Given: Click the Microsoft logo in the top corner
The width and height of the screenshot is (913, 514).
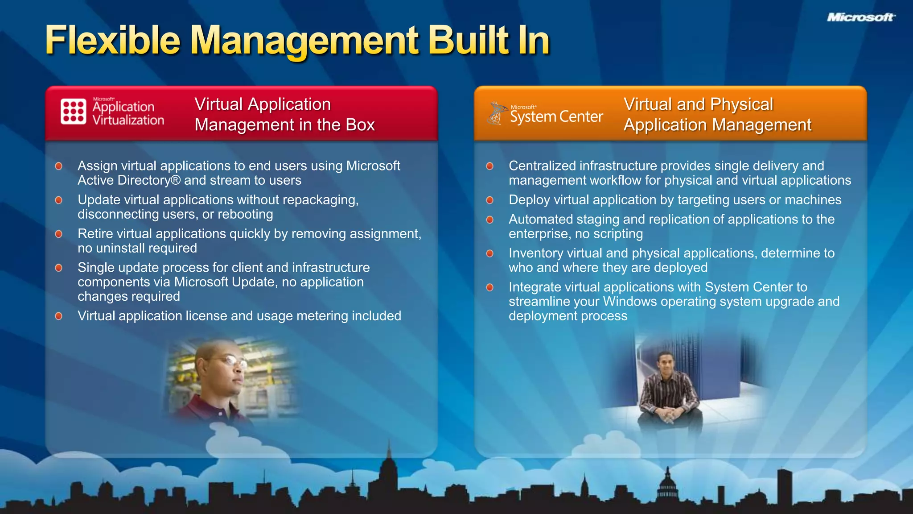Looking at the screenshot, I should tap(861, 17).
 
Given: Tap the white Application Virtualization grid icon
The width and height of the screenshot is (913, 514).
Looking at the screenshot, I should tap(73, 112).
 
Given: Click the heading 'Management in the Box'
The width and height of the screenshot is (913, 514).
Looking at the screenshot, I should tap(284, 125).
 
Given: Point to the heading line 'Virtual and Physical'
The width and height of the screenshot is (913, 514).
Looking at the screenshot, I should tap(698, 104).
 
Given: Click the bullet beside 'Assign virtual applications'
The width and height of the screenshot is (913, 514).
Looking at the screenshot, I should tap(58, 166).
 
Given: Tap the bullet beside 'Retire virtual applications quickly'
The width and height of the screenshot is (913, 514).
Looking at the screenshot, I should tap(58, 234).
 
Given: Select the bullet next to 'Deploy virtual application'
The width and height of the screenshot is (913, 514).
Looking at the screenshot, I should tap(489, 200).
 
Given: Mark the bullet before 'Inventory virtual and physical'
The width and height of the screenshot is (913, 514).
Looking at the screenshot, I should tap(489, 254).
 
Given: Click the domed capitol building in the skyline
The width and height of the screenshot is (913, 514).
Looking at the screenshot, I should tap(667, 486).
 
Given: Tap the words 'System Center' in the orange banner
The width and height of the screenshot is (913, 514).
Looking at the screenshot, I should tap(556, 117).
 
